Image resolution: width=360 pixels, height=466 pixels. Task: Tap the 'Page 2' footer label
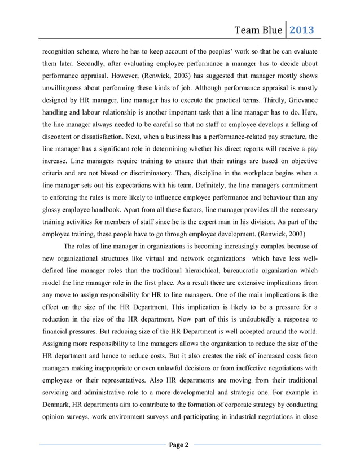coord(179,446)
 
